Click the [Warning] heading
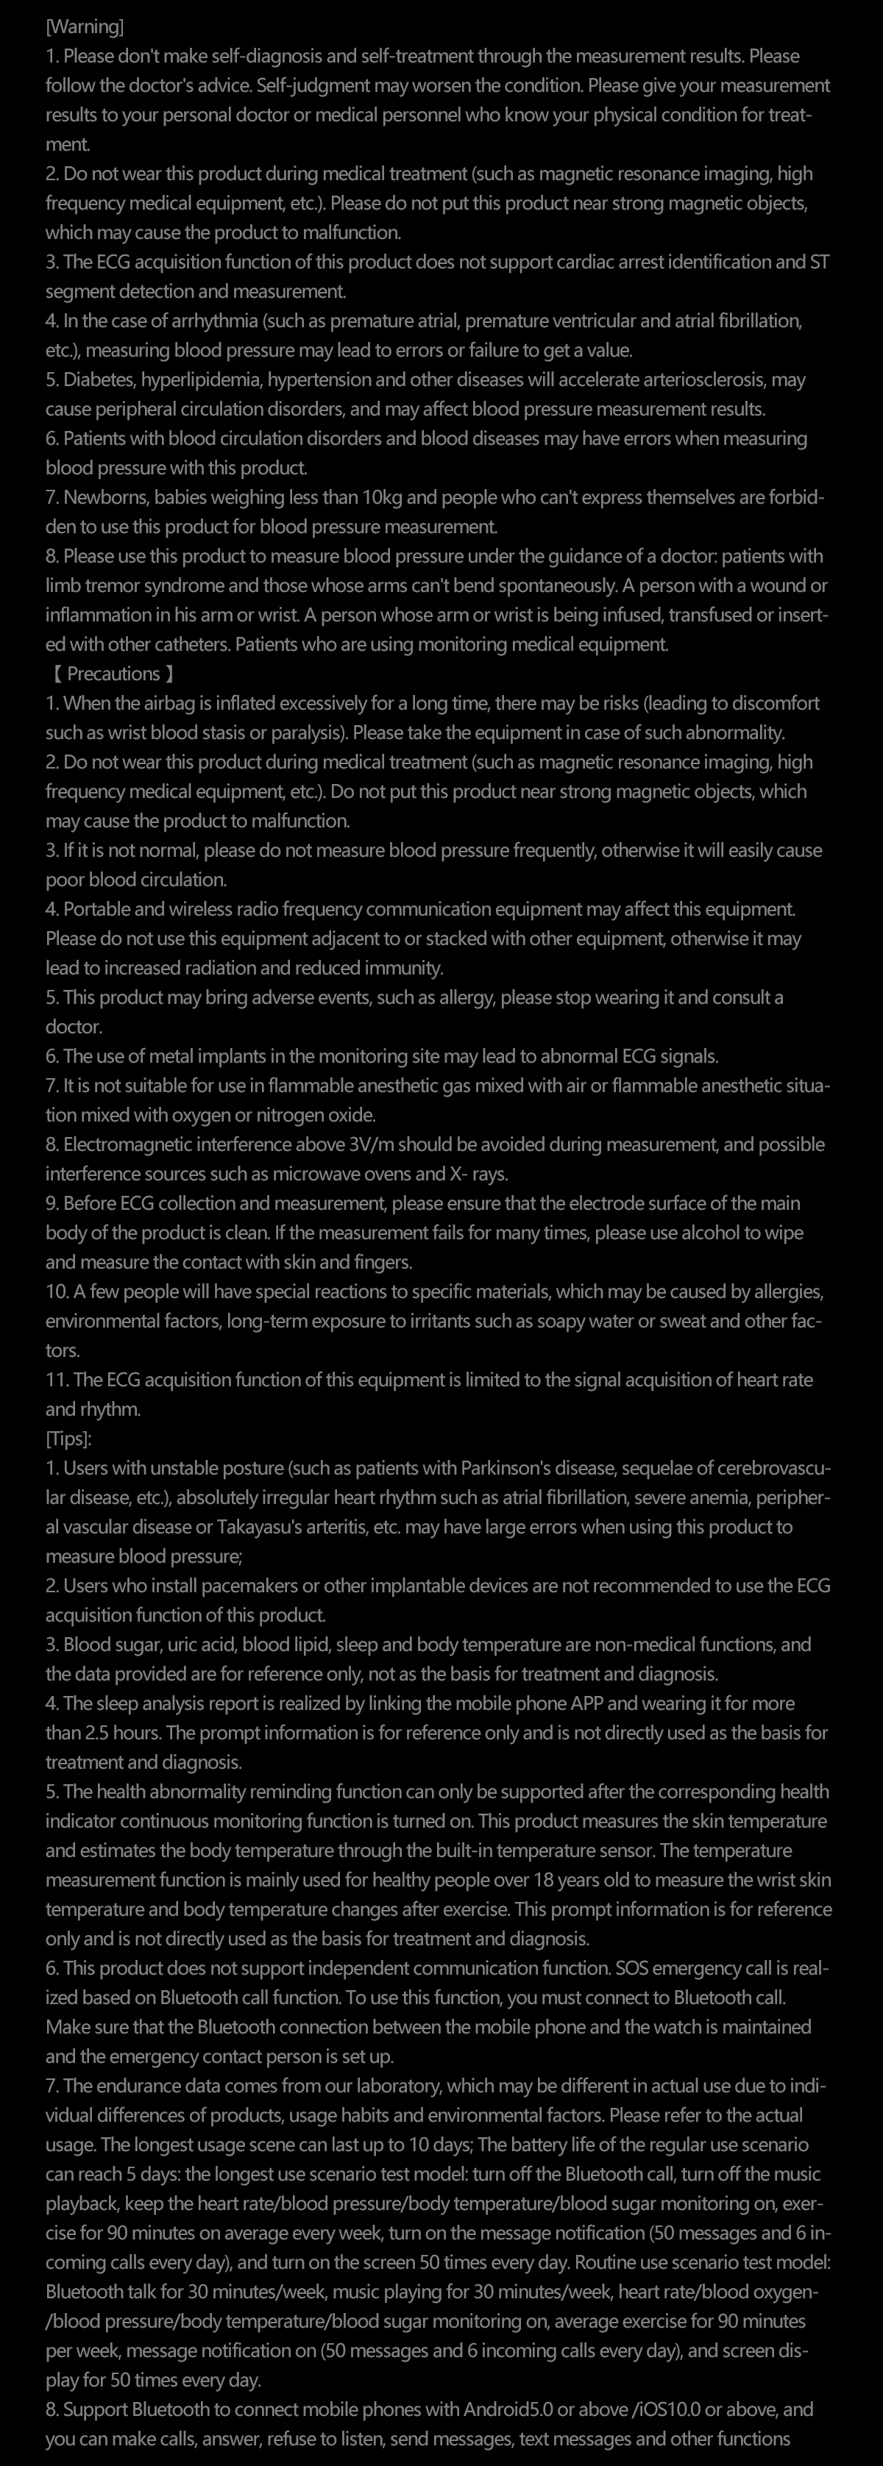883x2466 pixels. [x=85, y=26]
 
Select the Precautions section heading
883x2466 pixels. [x=113, y=674]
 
